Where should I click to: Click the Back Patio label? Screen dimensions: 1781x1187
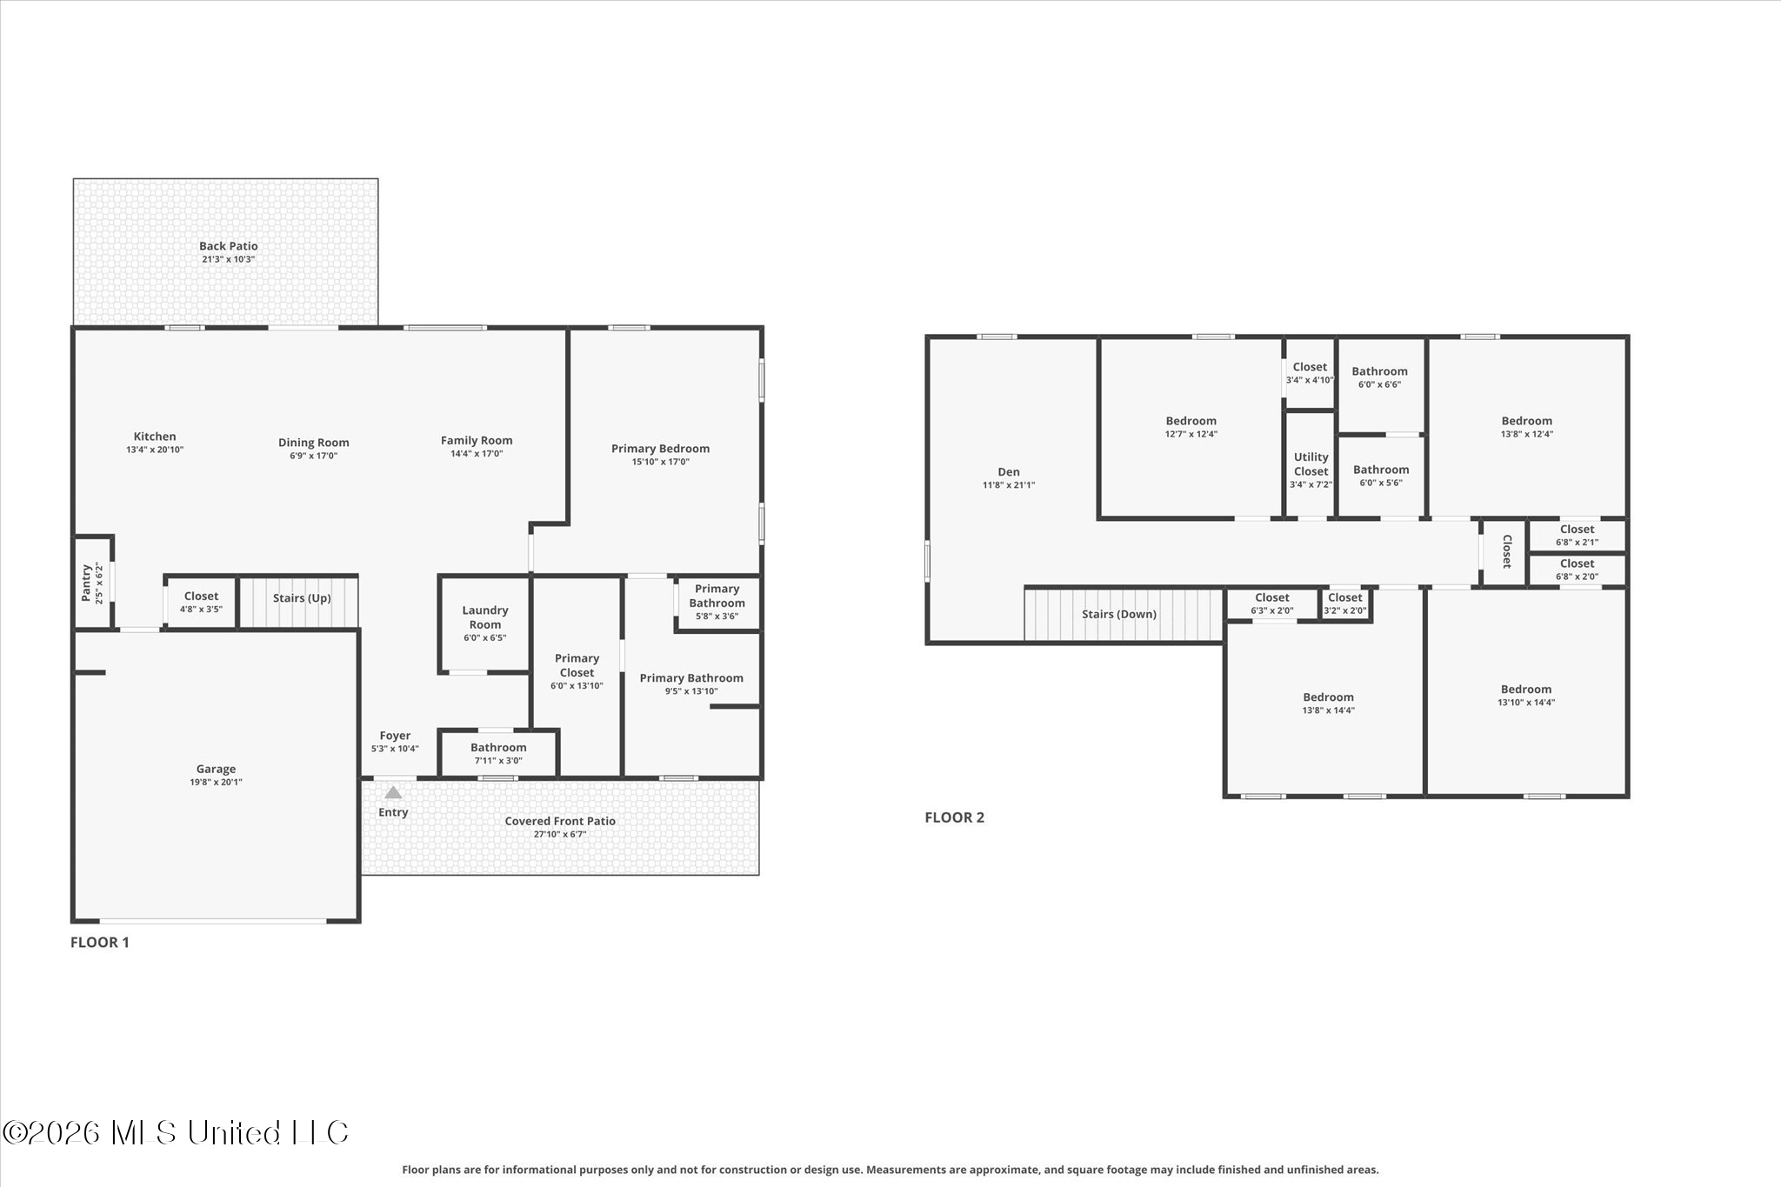229,246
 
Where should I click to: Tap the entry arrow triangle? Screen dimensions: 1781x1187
393,792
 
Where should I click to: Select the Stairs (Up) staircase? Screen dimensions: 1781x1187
298,602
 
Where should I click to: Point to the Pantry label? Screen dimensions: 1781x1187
86,583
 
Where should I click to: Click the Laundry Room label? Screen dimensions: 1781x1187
485,617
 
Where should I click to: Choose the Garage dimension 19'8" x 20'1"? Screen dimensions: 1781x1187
216,782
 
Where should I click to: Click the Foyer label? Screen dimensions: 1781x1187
395,736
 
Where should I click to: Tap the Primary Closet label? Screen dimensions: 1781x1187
577,665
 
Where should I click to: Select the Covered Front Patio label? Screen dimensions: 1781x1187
560,821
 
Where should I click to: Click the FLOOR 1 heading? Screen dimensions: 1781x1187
100,942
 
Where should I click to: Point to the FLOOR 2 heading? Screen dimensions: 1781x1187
954,817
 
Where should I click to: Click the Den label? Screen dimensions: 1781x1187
1009,472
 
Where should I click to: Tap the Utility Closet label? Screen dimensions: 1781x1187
1311,464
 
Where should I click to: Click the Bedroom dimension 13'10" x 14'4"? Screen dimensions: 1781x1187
1525,703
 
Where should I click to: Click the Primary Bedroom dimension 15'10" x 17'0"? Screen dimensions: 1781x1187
661,462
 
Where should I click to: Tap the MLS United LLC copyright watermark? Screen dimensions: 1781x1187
176,1132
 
